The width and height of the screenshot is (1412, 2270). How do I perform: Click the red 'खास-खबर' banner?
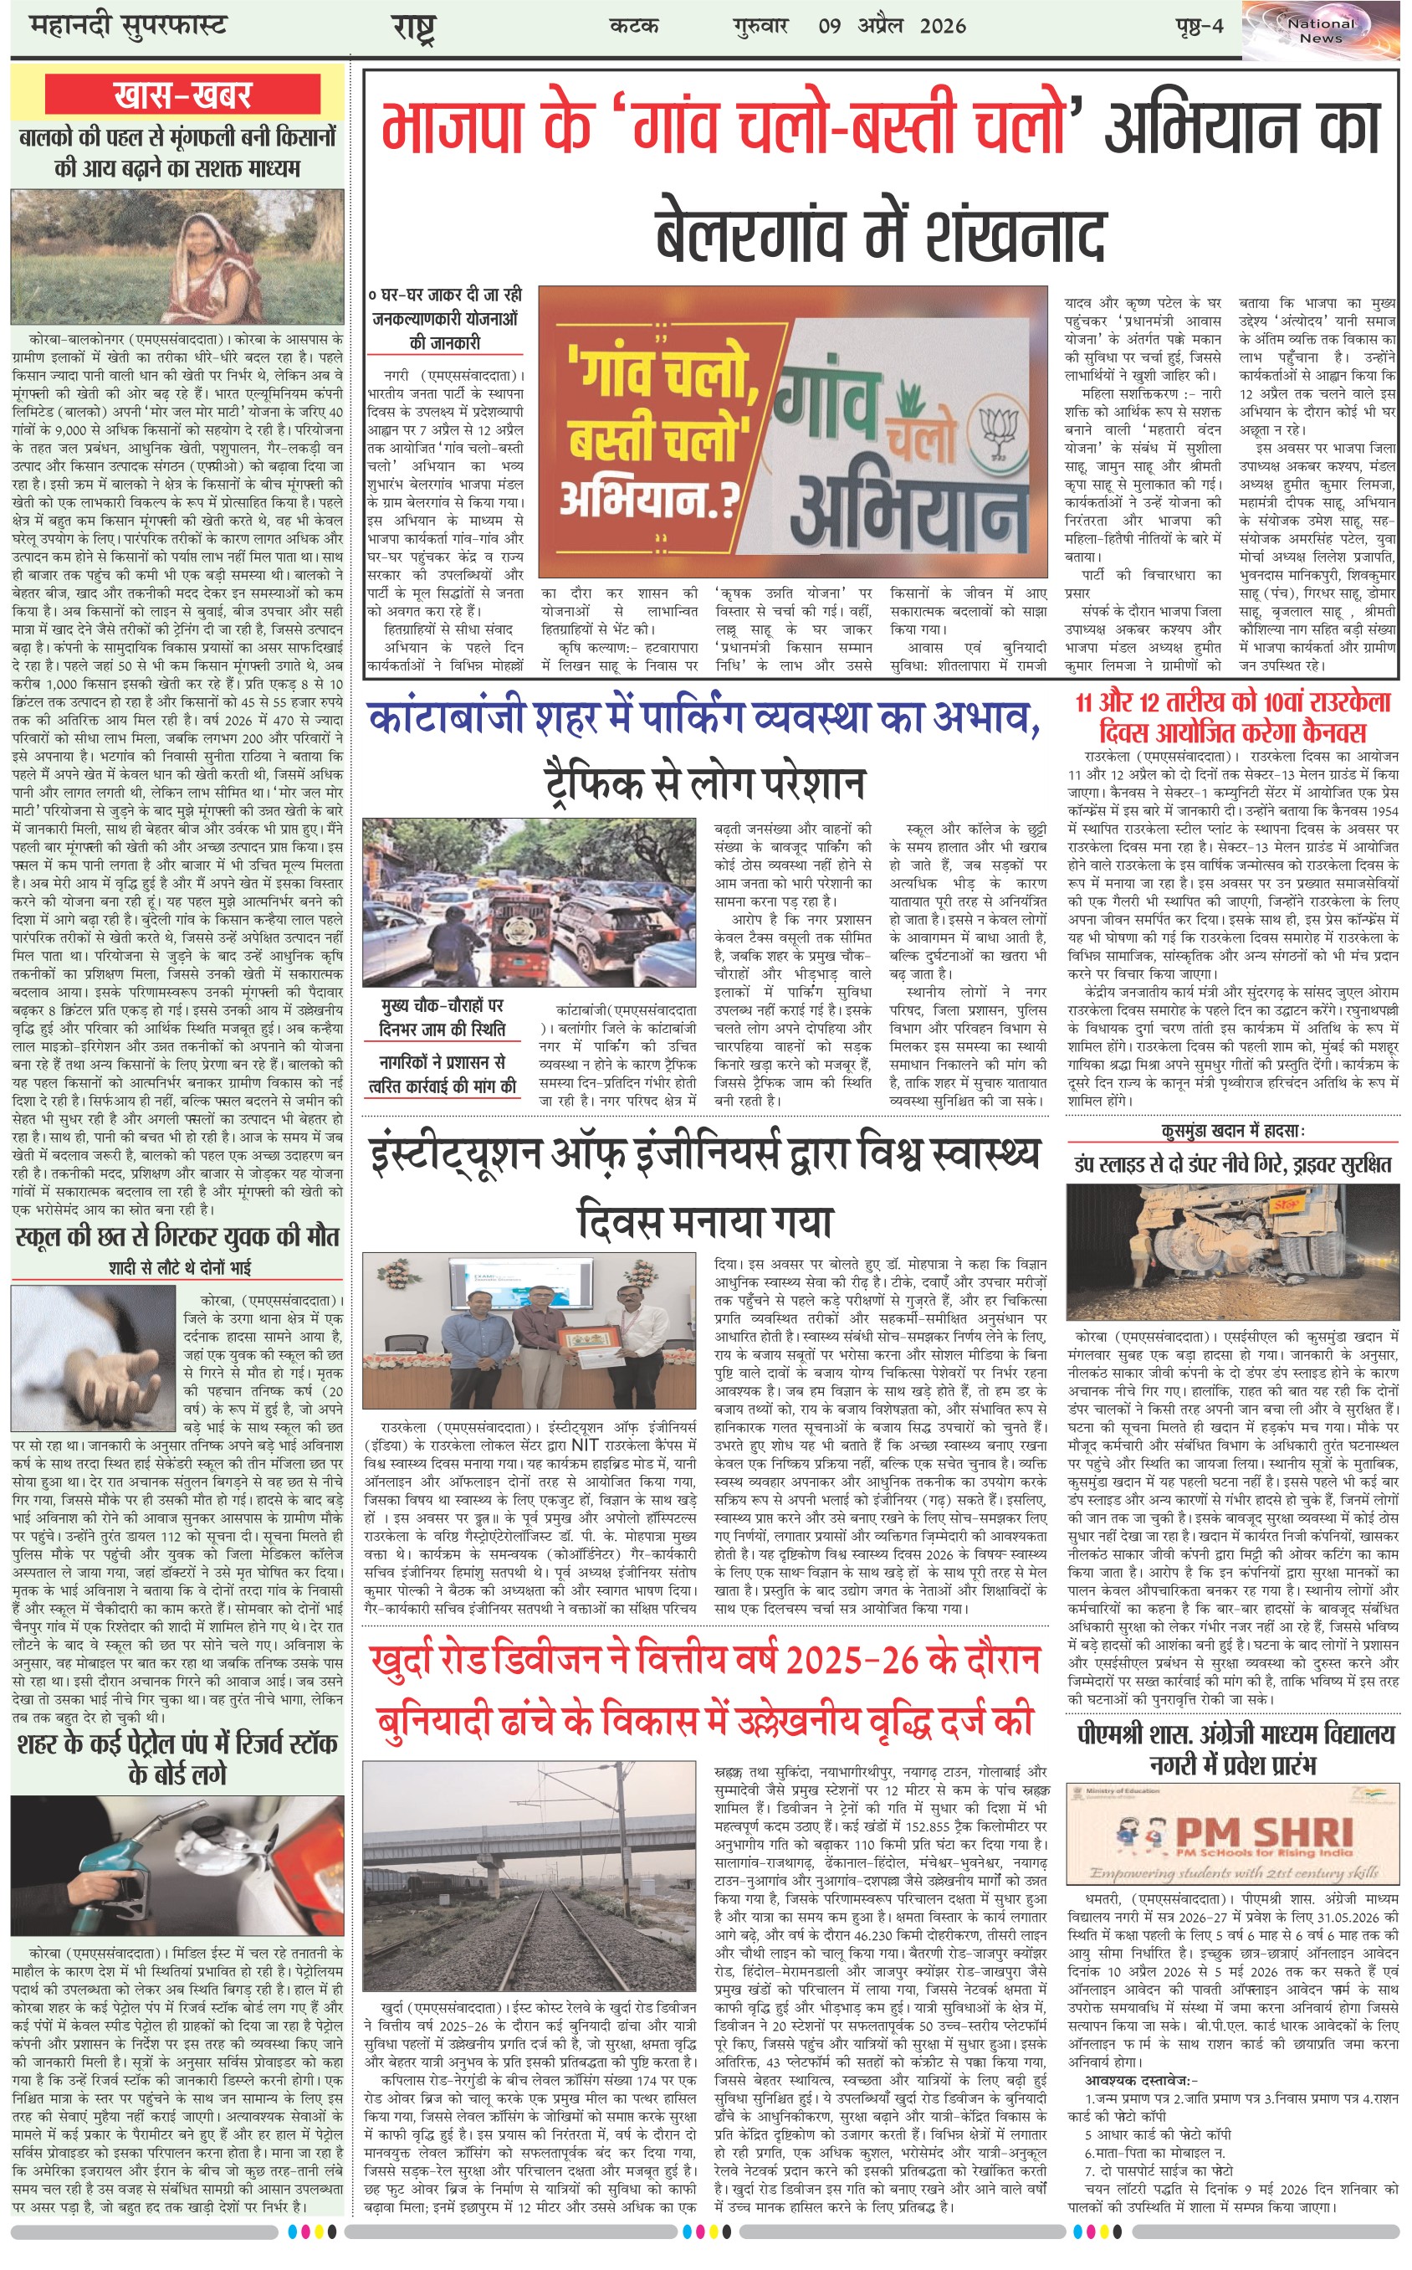pos(183,95)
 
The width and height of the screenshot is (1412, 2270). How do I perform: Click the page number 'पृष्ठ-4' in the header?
pos(1198,25)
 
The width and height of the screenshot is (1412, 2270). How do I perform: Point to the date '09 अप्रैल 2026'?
pos(892,25)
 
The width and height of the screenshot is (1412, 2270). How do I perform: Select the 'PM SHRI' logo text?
pos(1263,1832)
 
